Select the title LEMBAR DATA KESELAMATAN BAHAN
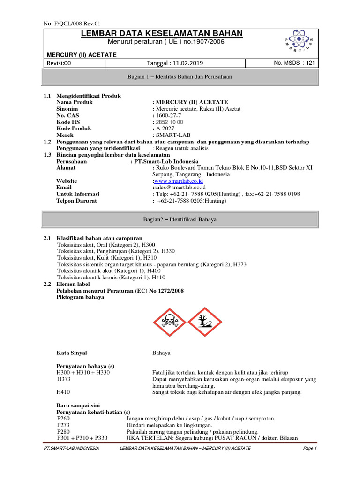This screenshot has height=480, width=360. coord(162,33)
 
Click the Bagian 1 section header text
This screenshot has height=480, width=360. coord(180,76)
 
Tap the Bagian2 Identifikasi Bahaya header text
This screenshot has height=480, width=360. coord(180,219)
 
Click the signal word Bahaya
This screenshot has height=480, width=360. coord(161,352)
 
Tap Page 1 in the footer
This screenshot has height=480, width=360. coord(310,448)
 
